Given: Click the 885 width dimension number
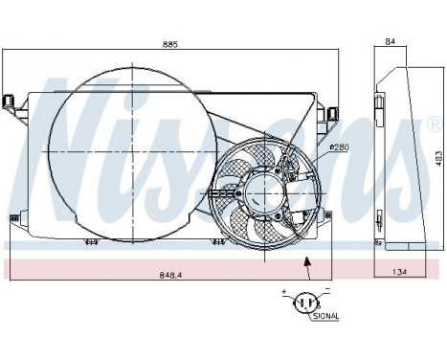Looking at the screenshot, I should [x=170, y=44].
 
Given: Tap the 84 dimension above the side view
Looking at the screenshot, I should [x=391, y=41].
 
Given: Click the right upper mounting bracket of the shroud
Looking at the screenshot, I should [x=332, y=113].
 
